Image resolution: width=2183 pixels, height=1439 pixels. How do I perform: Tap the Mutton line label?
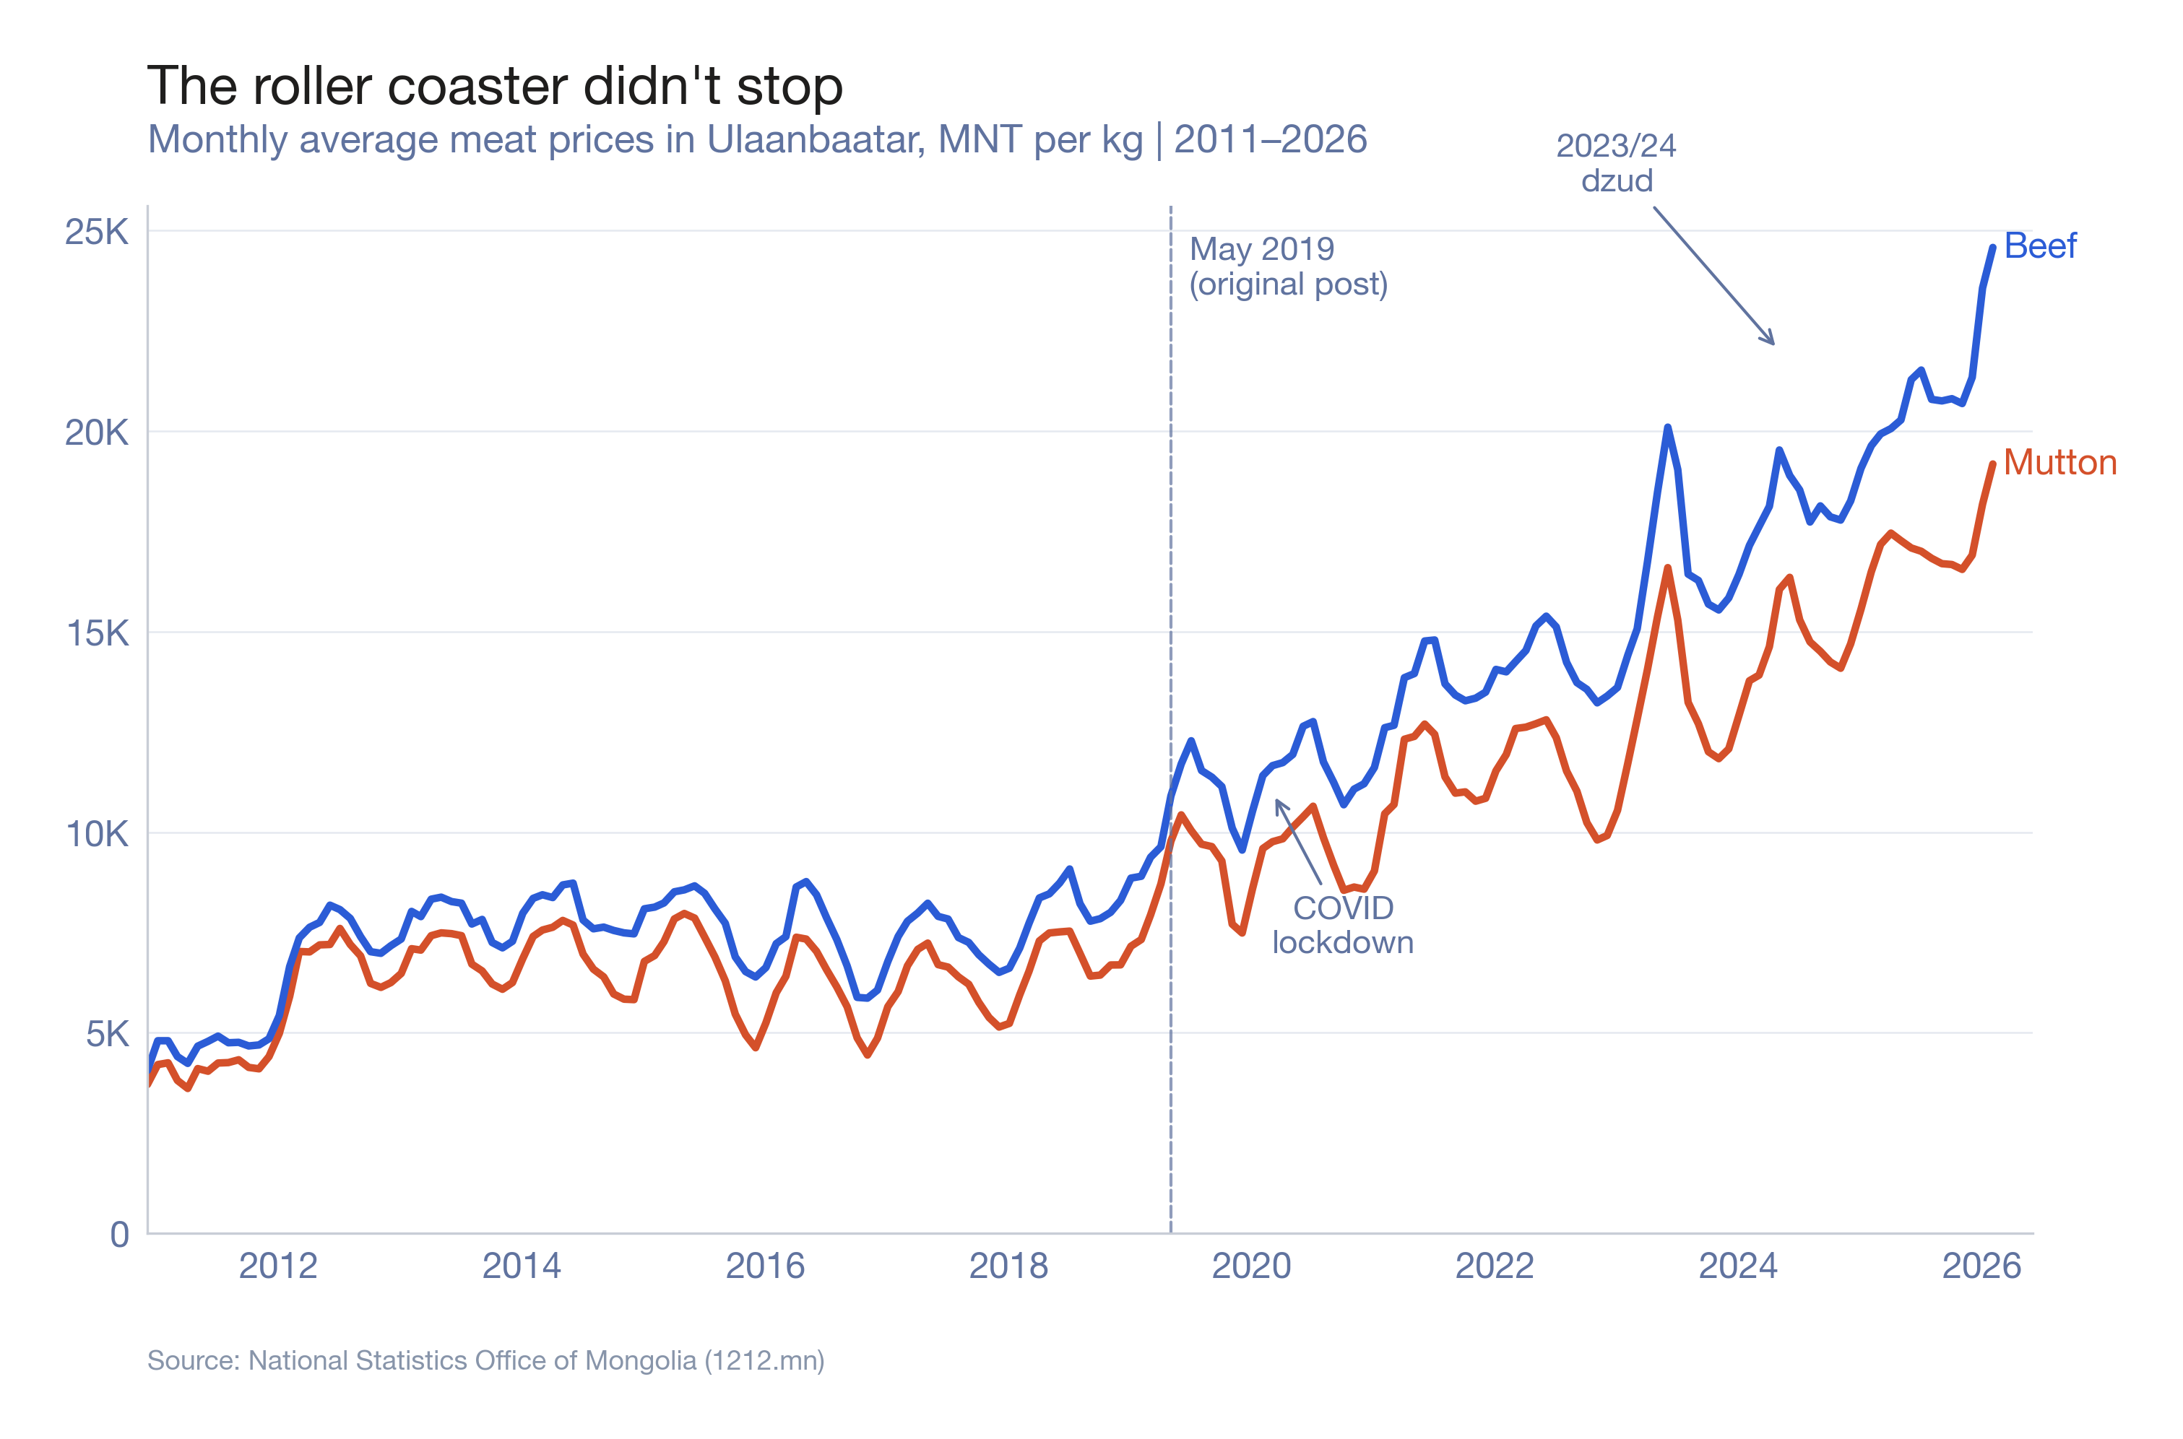[x=2059, y=463]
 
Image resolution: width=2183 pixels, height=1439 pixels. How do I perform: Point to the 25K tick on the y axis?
[x=96, y=232]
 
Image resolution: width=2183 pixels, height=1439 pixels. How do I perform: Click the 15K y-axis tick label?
[x=96, y=633]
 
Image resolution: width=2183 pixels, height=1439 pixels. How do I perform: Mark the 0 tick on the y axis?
[x=119, y=1235]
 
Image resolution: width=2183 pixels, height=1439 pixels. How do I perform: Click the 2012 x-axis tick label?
[x=277, y=1266]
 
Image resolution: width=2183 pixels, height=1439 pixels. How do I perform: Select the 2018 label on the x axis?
[x=1008, y=1266]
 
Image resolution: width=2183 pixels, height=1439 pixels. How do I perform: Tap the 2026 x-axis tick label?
[x=1981, y=1266]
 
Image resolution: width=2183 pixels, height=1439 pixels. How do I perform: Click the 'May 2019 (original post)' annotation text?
[x=1287, y=266]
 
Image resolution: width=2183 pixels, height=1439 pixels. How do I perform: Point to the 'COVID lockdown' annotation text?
[x=1342, y=925]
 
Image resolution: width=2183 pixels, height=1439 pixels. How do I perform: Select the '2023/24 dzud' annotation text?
[x=1616, y=162]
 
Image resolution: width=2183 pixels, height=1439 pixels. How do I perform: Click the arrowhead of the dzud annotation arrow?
[x=1773, y=343]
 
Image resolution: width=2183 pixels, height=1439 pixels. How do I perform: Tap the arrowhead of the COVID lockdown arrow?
[x=1277, y=801]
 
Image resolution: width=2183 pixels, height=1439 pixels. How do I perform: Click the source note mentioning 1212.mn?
[x=485, y=1360]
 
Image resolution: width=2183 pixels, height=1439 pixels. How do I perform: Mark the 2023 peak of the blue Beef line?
[x=1667, y=427]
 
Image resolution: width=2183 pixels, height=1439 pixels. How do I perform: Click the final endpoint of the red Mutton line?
[x=1993, y=464]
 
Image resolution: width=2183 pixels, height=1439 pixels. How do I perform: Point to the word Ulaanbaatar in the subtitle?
[x=815, y=139]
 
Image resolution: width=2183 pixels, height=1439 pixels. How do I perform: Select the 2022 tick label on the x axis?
[x=1495, y=1266]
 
